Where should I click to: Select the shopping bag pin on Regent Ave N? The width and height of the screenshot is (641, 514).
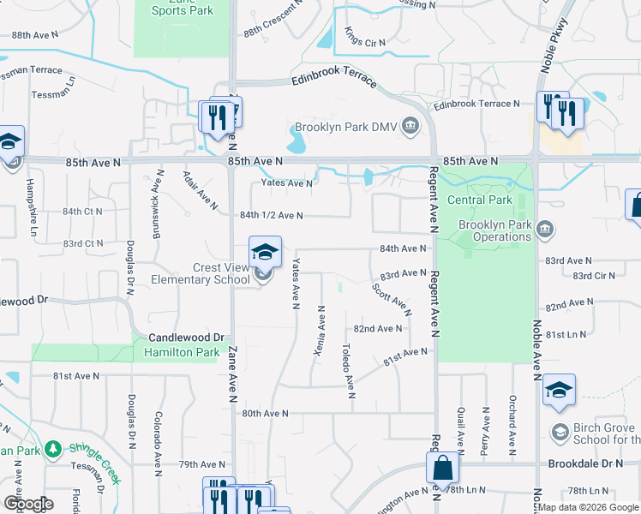(x=443, y=469)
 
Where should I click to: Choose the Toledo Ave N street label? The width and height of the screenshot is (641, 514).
(x=348, y=371)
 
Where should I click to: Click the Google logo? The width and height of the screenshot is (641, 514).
(x=28, y=504)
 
